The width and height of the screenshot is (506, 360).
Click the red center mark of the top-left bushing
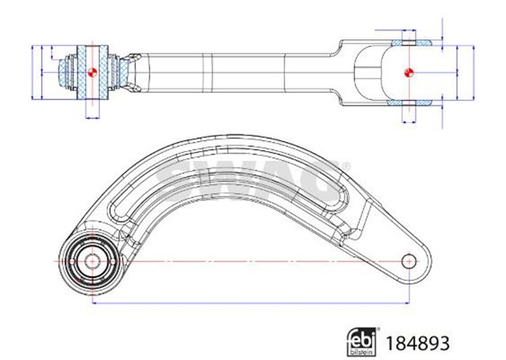92,72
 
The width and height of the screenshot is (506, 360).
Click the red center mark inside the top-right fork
409,73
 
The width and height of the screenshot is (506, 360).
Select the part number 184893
417,342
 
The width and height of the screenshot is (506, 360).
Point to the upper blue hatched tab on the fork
411,38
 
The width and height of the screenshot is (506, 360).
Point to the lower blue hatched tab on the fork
411,103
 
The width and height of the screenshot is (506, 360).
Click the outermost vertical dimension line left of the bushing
32,72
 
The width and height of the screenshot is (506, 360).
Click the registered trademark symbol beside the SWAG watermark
346,166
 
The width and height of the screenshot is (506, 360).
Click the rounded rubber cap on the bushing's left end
62,72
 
